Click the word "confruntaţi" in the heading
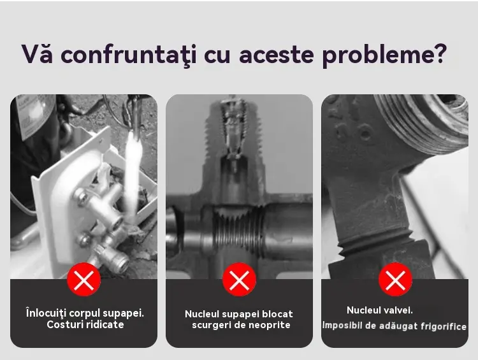[x=128, y=55]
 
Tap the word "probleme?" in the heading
[x=384, y=55]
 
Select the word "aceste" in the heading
[x=277, y=55]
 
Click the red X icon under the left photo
[x=84, y=280]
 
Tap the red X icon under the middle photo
[x=239, y=280]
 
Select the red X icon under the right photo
[x=395, y=280]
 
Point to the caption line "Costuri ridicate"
[x=85, y=324]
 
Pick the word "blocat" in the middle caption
[x=277, y=314]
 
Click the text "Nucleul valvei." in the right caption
[x=380, y=310]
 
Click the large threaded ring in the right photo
[x=422, y=120]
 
